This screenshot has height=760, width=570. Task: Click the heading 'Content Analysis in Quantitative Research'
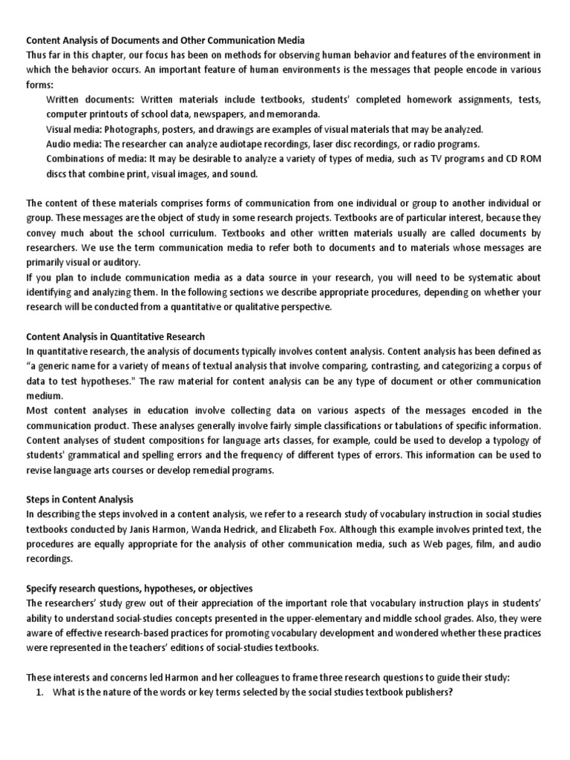coord(116,336)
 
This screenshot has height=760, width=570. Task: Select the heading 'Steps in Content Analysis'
coord(80,499)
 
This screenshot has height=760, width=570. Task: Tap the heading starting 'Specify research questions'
coord(140,588)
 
